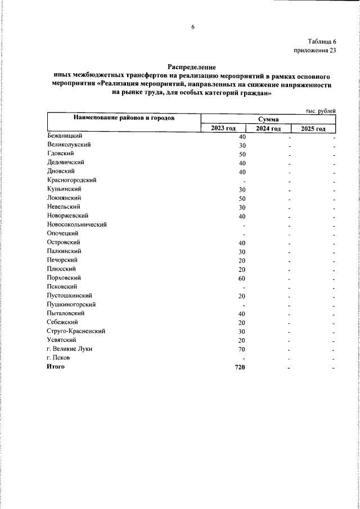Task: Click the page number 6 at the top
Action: click(x=192, y=27)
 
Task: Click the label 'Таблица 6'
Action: click(x=322, y=42)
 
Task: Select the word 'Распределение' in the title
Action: click(x=192, y=67)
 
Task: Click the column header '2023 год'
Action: click(x=223, y=128)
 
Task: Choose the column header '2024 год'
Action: click(x=268, y=128)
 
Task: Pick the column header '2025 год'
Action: click(x=313, y=128)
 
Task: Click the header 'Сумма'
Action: click(x=268, y=119)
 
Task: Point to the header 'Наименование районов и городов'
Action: click(x=123, y=118)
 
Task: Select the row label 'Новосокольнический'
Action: click(x=77, y=224)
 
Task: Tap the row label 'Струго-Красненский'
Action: click(x=76, y=331)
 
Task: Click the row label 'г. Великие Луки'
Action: click(x=70, y=349)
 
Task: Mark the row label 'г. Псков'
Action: click(x=59, y=358)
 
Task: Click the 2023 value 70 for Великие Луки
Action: click(x=242, y=349)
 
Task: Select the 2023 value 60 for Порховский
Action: click(x=242, y=278)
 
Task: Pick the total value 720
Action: click(x=240, y=367)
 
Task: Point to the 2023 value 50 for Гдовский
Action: click(x=242, y=154)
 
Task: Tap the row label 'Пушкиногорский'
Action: click(x=71, y=304)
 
